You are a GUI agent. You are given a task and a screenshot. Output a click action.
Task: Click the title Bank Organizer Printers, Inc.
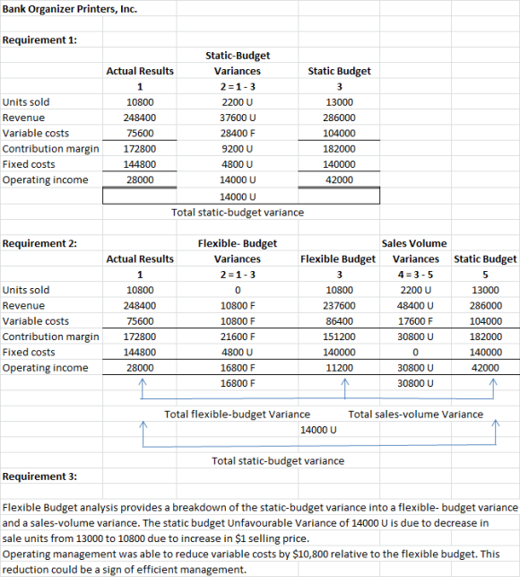point(70,9)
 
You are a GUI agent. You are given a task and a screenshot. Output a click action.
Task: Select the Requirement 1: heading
point(39,39)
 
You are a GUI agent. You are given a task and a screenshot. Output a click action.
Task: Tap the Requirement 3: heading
point(39,476)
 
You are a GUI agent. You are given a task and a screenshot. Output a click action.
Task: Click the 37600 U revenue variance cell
point(238,118)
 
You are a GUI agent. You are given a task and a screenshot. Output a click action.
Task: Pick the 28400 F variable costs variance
point(238,133)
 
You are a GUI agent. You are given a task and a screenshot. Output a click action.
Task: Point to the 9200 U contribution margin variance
point(238,149)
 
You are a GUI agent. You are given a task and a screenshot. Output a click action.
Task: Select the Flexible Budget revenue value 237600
point(339,305)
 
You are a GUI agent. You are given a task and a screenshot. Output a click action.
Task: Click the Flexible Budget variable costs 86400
point(339,321)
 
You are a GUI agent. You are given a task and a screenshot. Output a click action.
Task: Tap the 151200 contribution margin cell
point(339,337)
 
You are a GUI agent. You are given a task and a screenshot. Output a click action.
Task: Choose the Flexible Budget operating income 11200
point(339,368)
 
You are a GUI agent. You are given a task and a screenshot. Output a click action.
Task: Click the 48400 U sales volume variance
point(415,305)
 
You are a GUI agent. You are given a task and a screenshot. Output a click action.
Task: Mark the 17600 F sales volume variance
point(415,321)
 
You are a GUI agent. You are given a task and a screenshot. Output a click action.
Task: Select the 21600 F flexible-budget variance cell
point(238,337)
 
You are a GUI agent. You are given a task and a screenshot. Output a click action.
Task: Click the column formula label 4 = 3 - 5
point(415,275)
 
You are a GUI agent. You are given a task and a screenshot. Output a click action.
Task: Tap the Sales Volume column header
point(414,243)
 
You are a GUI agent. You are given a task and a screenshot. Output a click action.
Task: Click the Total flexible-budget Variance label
point(238,415)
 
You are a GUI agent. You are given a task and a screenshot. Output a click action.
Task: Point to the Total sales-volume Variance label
point(416,415)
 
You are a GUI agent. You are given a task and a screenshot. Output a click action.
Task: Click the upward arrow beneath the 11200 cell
point(345,389)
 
